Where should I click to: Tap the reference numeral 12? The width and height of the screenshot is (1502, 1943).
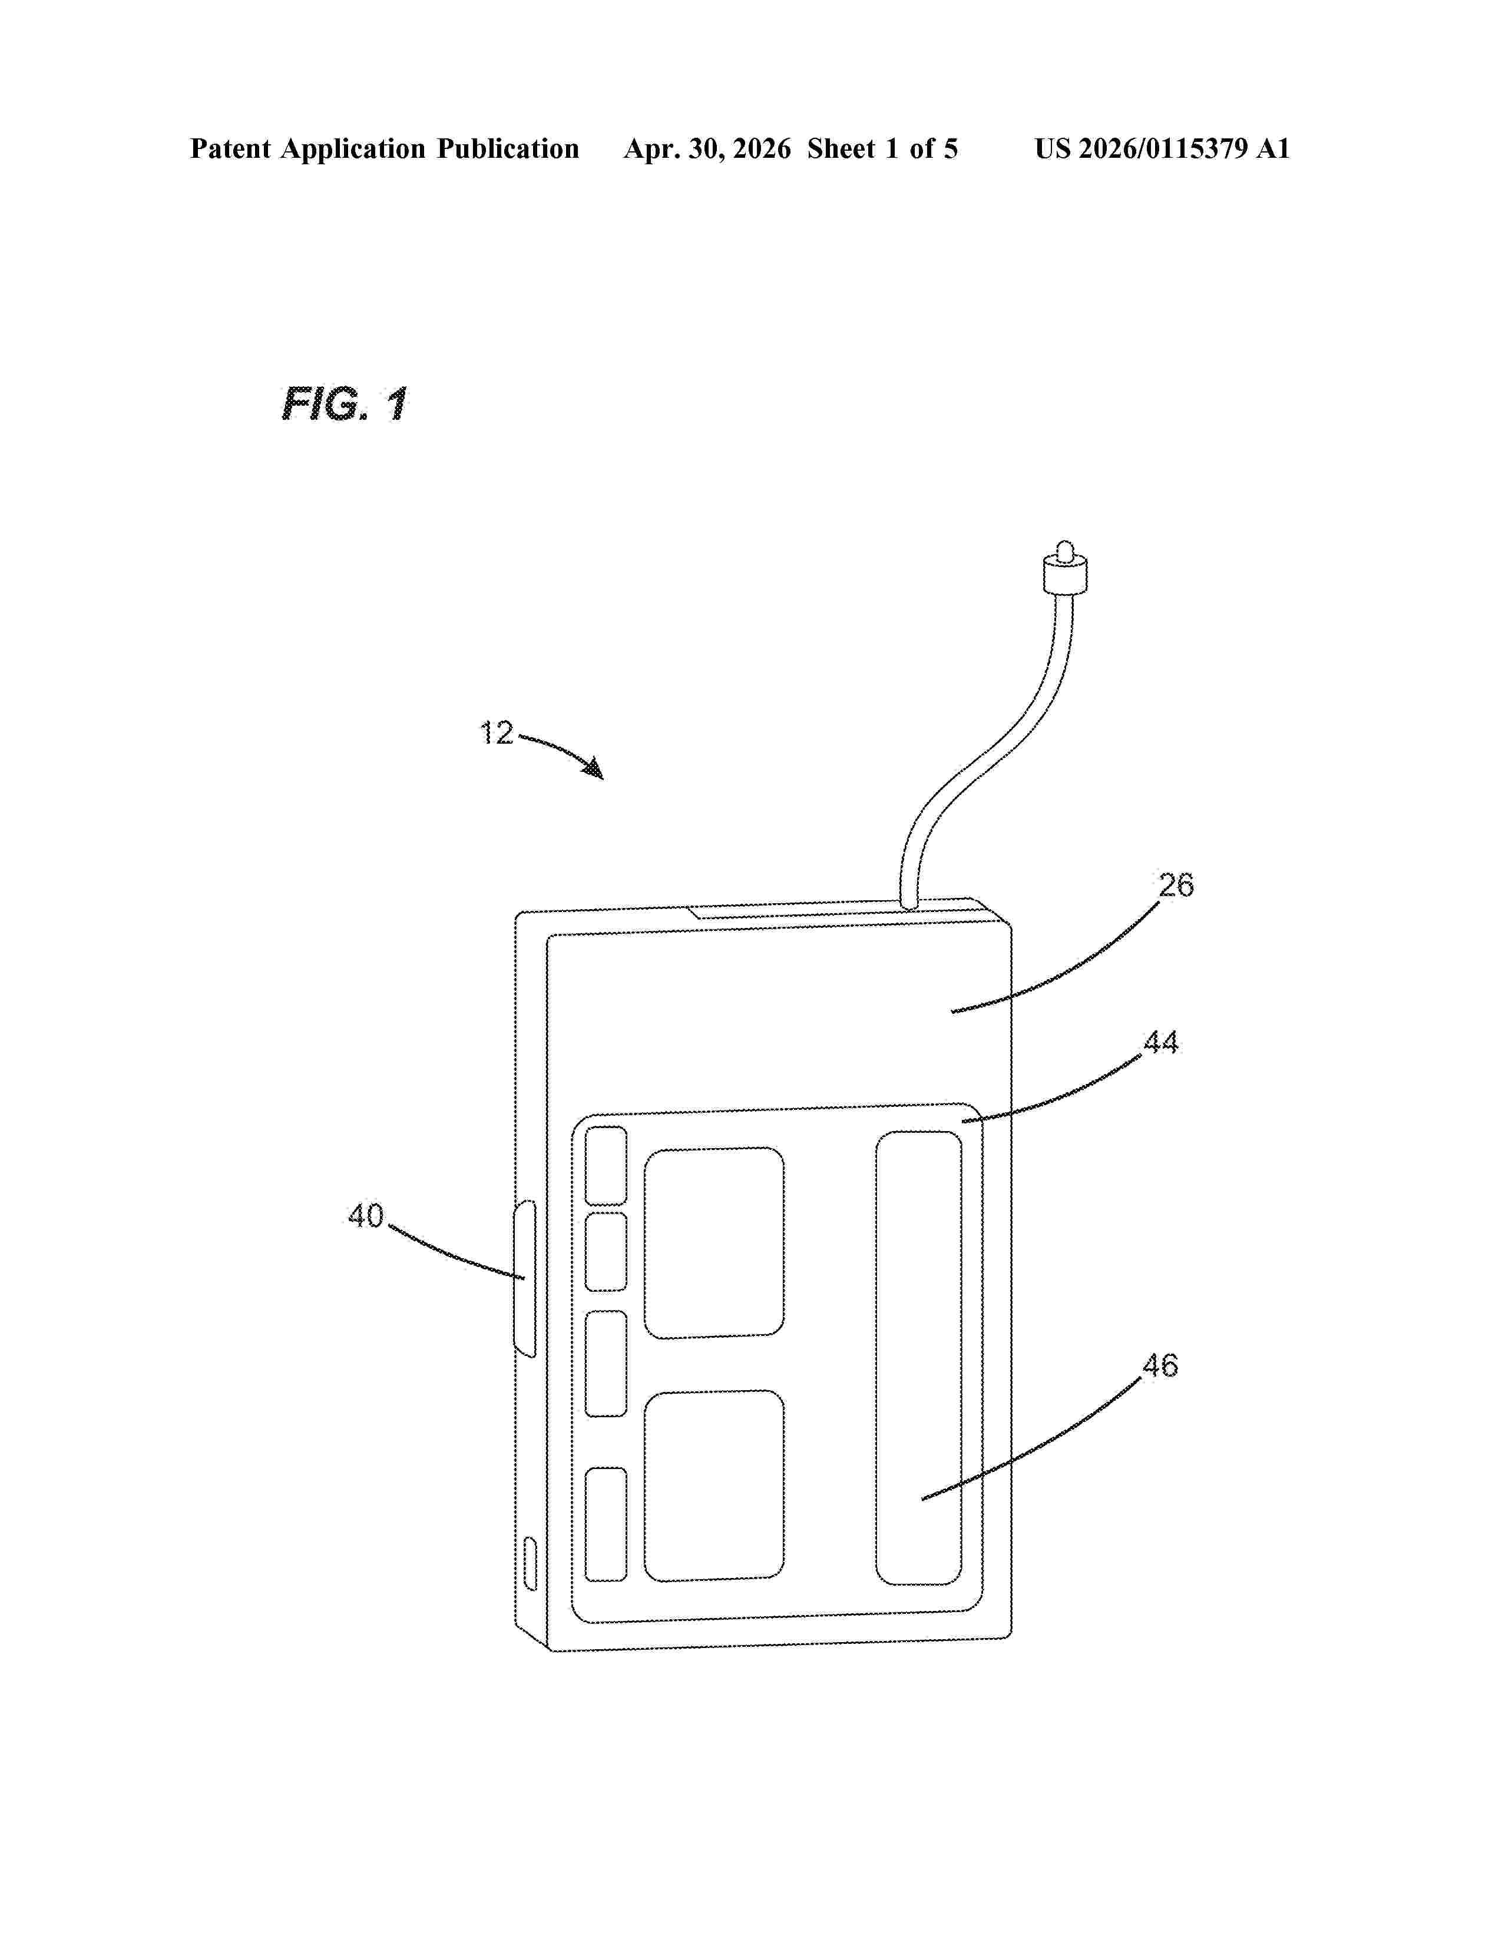tap(497, 733)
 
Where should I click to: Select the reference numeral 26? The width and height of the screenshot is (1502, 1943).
tap(1176, 884)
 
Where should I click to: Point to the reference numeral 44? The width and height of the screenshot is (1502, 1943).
tap(1161, 1042)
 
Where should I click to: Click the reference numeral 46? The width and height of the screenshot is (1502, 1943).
tap(1160, 1365)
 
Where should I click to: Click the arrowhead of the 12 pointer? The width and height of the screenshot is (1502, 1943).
tap(594, 768)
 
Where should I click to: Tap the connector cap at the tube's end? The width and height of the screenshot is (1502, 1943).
tap(1064, 566)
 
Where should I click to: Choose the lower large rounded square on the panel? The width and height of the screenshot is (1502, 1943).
tap(714, 1486)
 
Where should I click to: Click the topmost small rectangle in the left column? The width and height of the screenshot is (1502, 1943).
tap(605, 1165)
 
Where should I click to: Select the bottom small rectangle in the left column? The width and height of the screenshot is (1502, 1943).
tap(605, 1524)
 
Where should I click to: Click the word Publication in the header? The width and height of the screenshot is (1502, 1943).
tap(507, 148)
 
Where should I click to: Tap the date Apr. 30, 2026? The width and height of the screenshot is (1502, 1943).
tap(707, 148)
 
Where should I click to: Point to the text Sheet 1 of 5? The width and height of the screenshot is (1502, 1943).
tap(883, 148)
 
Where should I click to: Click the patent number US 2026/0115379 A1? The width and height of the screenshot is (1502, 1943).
tap(1162, 148)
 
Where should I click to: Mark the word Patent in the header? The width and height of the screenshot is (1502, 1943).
tap(230, 148)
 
